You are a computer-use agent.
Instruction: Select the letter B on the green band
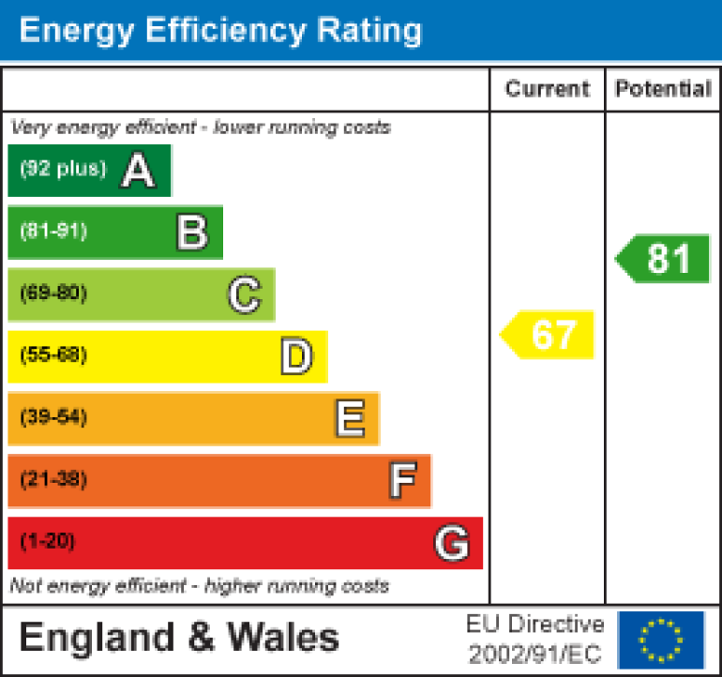coord(191,233)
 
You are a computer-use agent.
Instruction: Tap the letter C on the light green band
coord(244,295)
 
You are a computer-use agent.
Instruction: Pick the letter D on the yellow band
coord(295,357)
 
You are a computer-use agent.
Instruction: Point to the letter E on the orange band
coord(349,419)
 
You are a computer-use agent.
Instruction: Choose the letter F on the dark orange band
coord(401,481)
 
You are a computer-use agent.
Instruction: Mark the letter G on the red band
coord(451,543)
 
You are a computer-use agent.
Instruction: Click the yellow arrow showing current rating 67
coord(549,335)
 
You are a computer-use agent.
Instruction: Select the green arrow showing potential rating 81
coord(665,259)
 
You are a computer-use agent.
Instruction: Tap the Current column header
coord(548,89)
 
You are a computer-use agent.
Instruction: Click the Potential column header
coord(663,89)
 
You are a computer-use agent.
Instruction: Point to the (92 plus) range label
coord(63,170)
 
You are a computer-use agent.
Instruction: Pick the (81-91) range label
coord(53,232)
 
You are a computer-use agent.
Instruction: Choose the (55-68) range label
coord(53,355)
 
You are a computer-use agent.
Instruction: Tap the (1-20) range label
coord(47,542)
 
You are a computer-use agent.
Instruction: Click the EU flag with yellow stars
coord(661,639)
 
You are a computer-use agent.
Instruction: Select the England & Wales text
coord(179,638)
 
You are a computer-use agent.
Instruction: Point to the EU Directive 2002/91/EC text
coord(535,639)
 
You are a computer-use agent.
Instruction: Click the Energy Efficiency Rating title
coord(220,31)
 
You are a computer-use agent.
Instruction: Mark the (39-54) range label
coord(53,418)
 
